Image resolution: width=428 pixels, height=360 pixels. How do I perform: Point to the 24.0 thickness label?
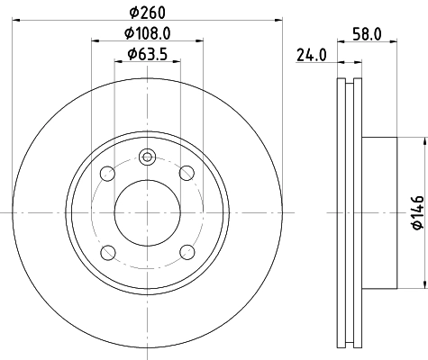pyautogui.click(x=312, y=55)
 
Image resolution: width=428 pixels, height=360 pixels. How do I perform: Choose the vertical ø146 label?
pyautogui.click(x=415, y=213)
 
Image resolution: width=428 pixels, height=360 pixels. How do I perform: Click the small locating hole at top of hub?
pyautogui.click(x=147, y=158)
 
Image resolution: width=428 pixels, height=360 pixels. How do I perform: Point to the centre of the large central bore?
pyautogui.click(x=147, y=212)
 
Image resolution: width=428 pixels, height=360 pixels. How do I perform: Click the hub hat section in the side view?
pyautogui.click(x=378, y=212)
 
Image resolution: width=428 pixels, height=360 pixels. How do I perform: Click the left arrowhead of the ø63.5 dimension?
pyautogui.click(x=119, y=63)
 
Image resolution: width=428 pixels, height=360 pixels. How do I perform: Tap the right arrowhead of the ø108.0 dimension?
pyautogui.click(x=197, y=42)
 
